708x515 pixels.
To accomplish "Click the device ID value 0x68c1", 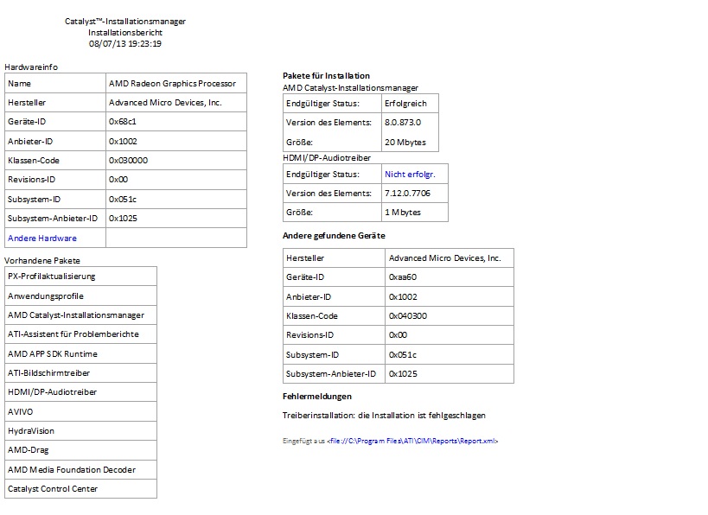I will (x=122, y=122).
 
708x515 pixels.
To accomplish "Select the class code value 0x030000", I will (x=128, y=161).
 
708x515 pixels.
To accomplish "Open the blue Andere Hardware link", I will (x=42, y=238).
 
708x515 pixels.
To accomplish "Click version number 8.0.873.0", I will (x=403, y=123).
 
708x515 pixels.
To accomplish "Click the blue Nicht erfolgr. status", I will (x=410, y=175).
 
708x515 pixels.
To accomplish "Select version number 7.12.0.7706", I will (x=407, y=194).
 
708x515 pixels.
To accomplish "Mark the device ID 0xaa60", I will (x=403, y=277).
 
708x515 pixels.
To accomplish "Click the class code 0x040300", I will (x=408, y=316).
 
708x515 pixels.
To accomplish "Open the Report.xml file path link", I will (x=412, y=442).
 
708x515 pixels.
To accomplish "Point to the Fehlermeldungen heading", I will (x=317, y=397).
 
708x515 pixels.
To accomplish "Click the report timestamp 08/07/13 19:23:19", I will (x=125, y=43).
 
